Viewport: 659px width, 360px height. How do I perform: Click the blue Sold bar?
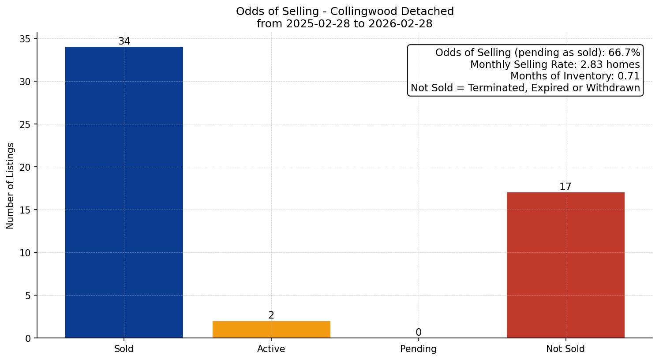pos(124,192)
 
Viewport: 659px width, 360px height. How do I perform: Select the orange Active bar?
pos(271,330)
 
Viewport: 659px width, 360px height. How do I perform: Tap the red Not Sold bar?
pos(565,265)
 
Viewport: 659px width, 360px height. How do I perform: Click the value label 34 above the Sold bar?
pos(124,41)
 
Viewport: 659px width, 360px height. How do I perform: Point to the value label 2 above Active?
pos(271,315)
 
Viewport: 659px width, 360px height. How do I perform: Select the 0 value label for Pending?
pos(418,333)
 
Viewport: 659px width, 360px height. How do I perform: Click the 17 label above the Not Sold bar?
pos(565,187)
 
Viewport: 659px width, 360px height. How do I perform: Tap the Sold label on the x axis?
pos(124,349)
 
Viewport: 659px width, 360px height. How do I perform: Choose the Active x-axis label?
pos(271,349)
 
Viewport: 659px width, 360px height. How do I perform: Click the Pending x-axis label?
pos(418,349)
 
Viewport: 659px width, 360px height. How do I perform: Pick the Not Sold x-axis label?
pos(565,349)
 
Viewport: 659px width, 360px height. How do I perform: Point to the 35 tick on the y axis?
pos(26,39)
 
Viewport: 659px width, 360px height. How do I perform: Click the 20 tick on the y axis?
pos(26,167)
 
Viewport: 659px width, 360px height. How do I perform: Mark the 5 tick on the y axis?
pos(28,296)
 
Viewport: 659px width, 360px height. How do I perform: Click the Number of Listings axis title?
pos(11,186)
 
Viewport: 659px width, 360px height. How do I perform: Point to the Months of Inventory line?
pos(575,76)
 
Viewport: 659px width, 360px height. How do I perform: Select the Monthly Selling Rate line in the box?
pos(555,65)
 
